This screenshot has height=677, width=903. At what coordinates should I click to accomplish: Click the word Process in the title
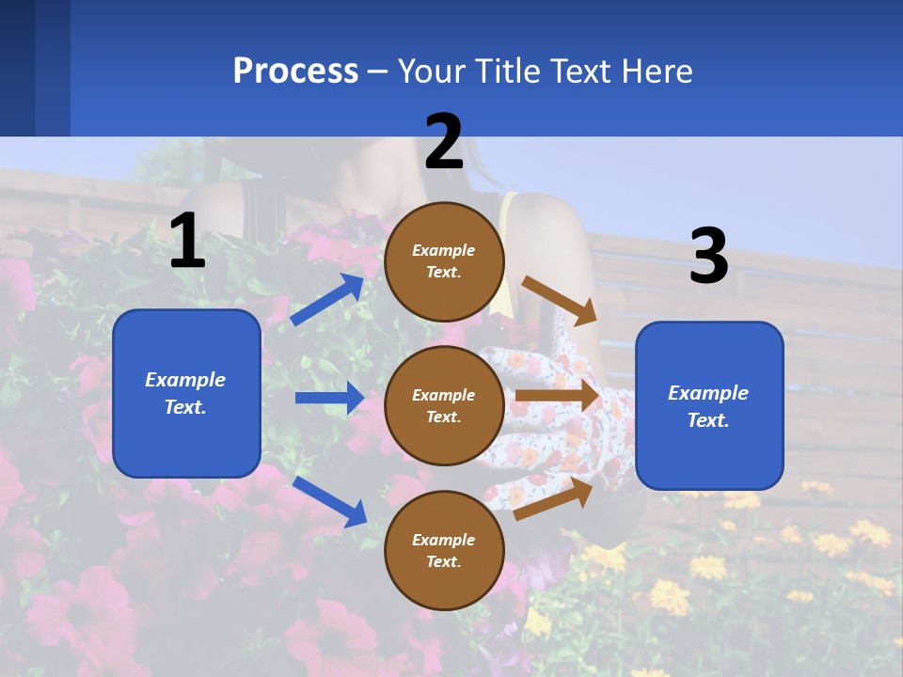point(295,71)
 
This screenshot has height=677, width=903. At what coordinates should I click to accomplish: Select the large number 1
point(187,242)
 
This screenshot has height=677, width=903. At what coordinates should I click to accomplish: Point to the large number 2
point(444,142)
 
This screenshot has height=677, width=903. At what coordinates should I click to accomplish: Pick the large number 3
point(708,257)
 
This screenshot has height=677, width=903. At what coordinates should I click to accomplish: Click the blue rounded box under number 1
point(186,393)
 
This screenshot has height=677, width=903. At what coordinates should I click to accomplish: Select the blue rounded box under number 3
point(709,405)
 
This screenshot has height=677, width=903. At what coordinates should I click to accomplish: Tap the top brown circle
point(444,261)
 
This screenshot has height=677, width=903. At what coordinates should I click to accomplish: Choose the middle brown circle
point(444,405)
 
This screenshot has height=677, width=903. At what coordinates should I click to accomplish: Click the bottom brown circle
point(444,550)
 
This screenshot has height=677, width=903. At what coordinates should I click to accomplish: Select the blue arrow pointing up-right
point(327,300)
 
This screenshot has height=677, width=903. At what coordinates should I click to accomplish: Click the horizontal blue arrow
point(329,398)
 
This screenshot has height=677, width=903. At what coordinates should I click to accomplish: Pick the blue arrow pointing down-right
point(329,501)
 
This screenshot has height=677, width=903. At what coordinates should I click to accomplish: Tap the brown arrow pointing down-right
point(559,300)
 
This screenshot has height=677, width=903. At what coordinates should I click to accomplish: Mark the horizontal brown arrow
point(557,396)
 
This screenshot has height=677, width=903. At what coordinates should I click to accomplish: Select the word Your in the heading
point(431,71)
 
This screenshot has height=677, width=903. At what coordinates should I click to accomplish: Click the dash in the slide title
point(378,72)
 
